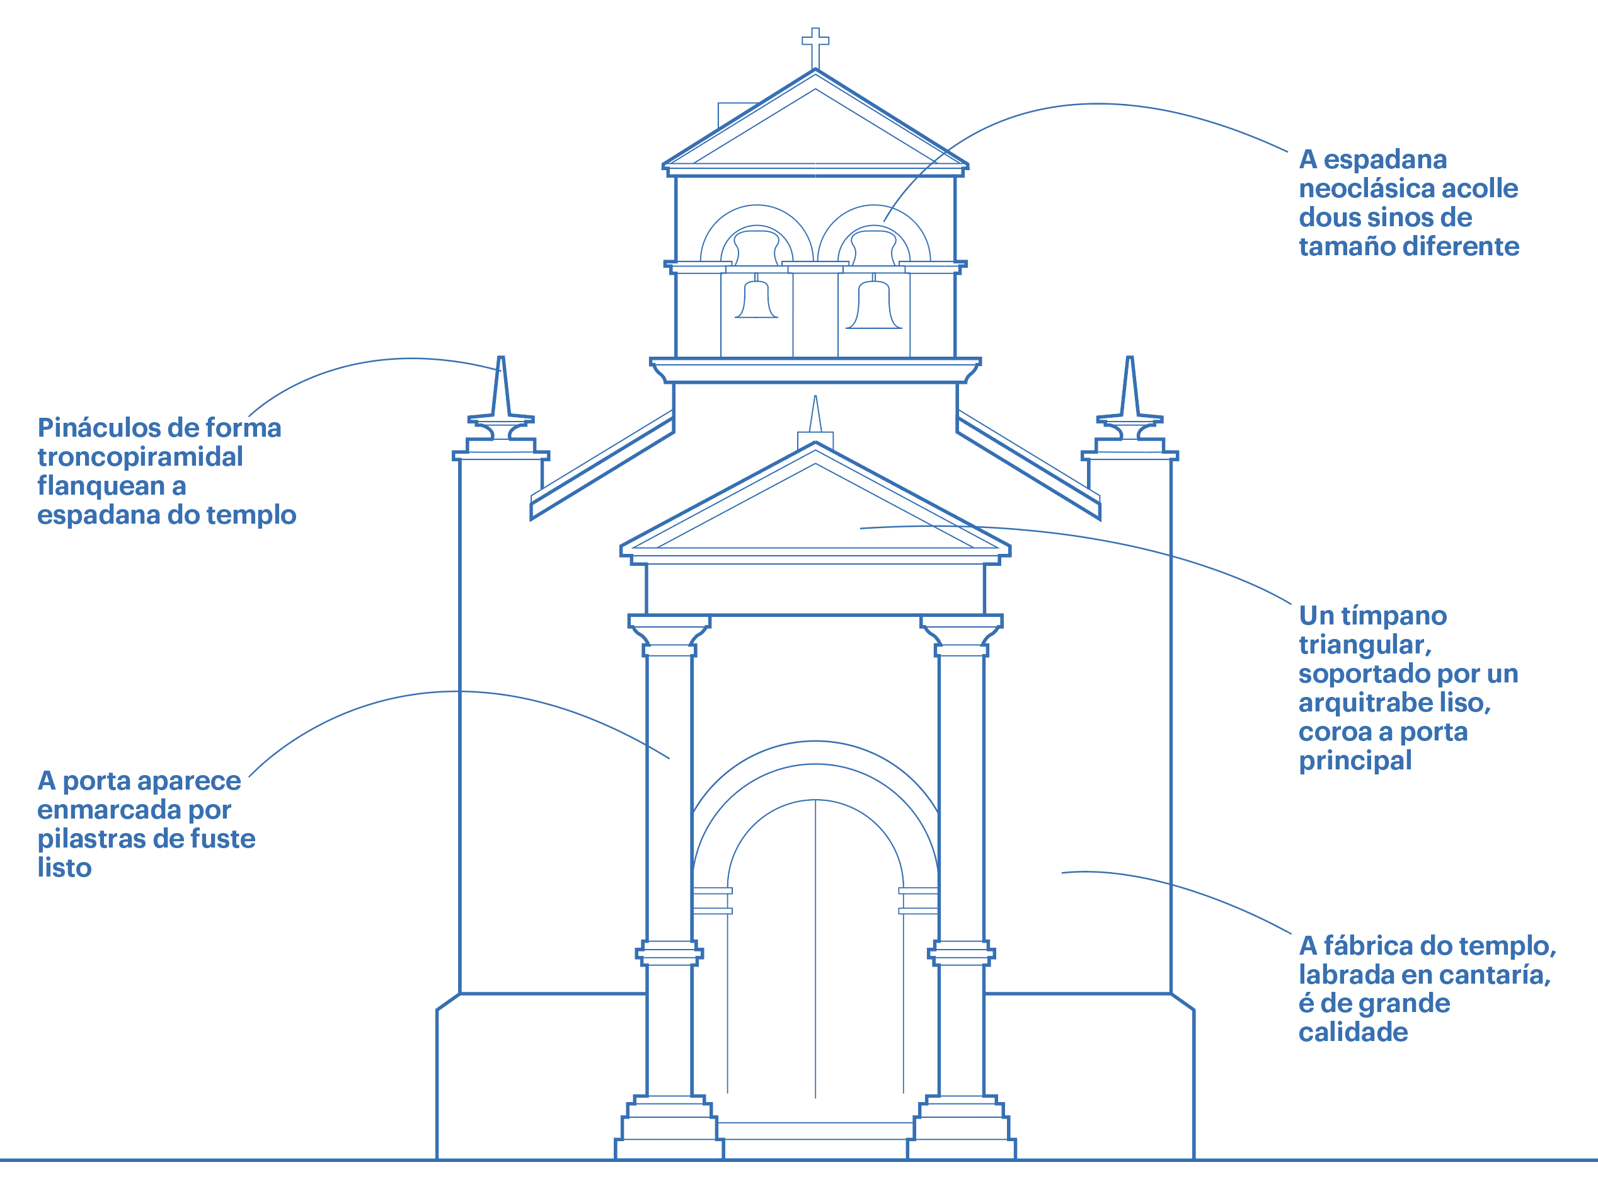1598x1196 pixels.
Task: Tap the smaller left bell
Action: pyautogui.click(x=756, y=300)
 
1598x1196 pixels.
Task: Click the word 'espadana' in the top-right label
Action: pyautogui.click(x=1385, y=159)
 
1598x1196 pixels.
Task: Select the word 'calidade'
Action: pyautogui.click(x=1353, y=1033)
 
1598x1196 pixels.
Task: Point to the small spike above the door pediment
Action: pyautogui.click(x=815, y=415)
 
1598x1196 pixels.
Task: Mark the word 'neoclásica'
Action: pyautogui.click(x=1365, y=188)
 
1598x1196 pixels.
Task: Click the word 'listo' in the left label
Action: pyautogui.click(x=64, y=868)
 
